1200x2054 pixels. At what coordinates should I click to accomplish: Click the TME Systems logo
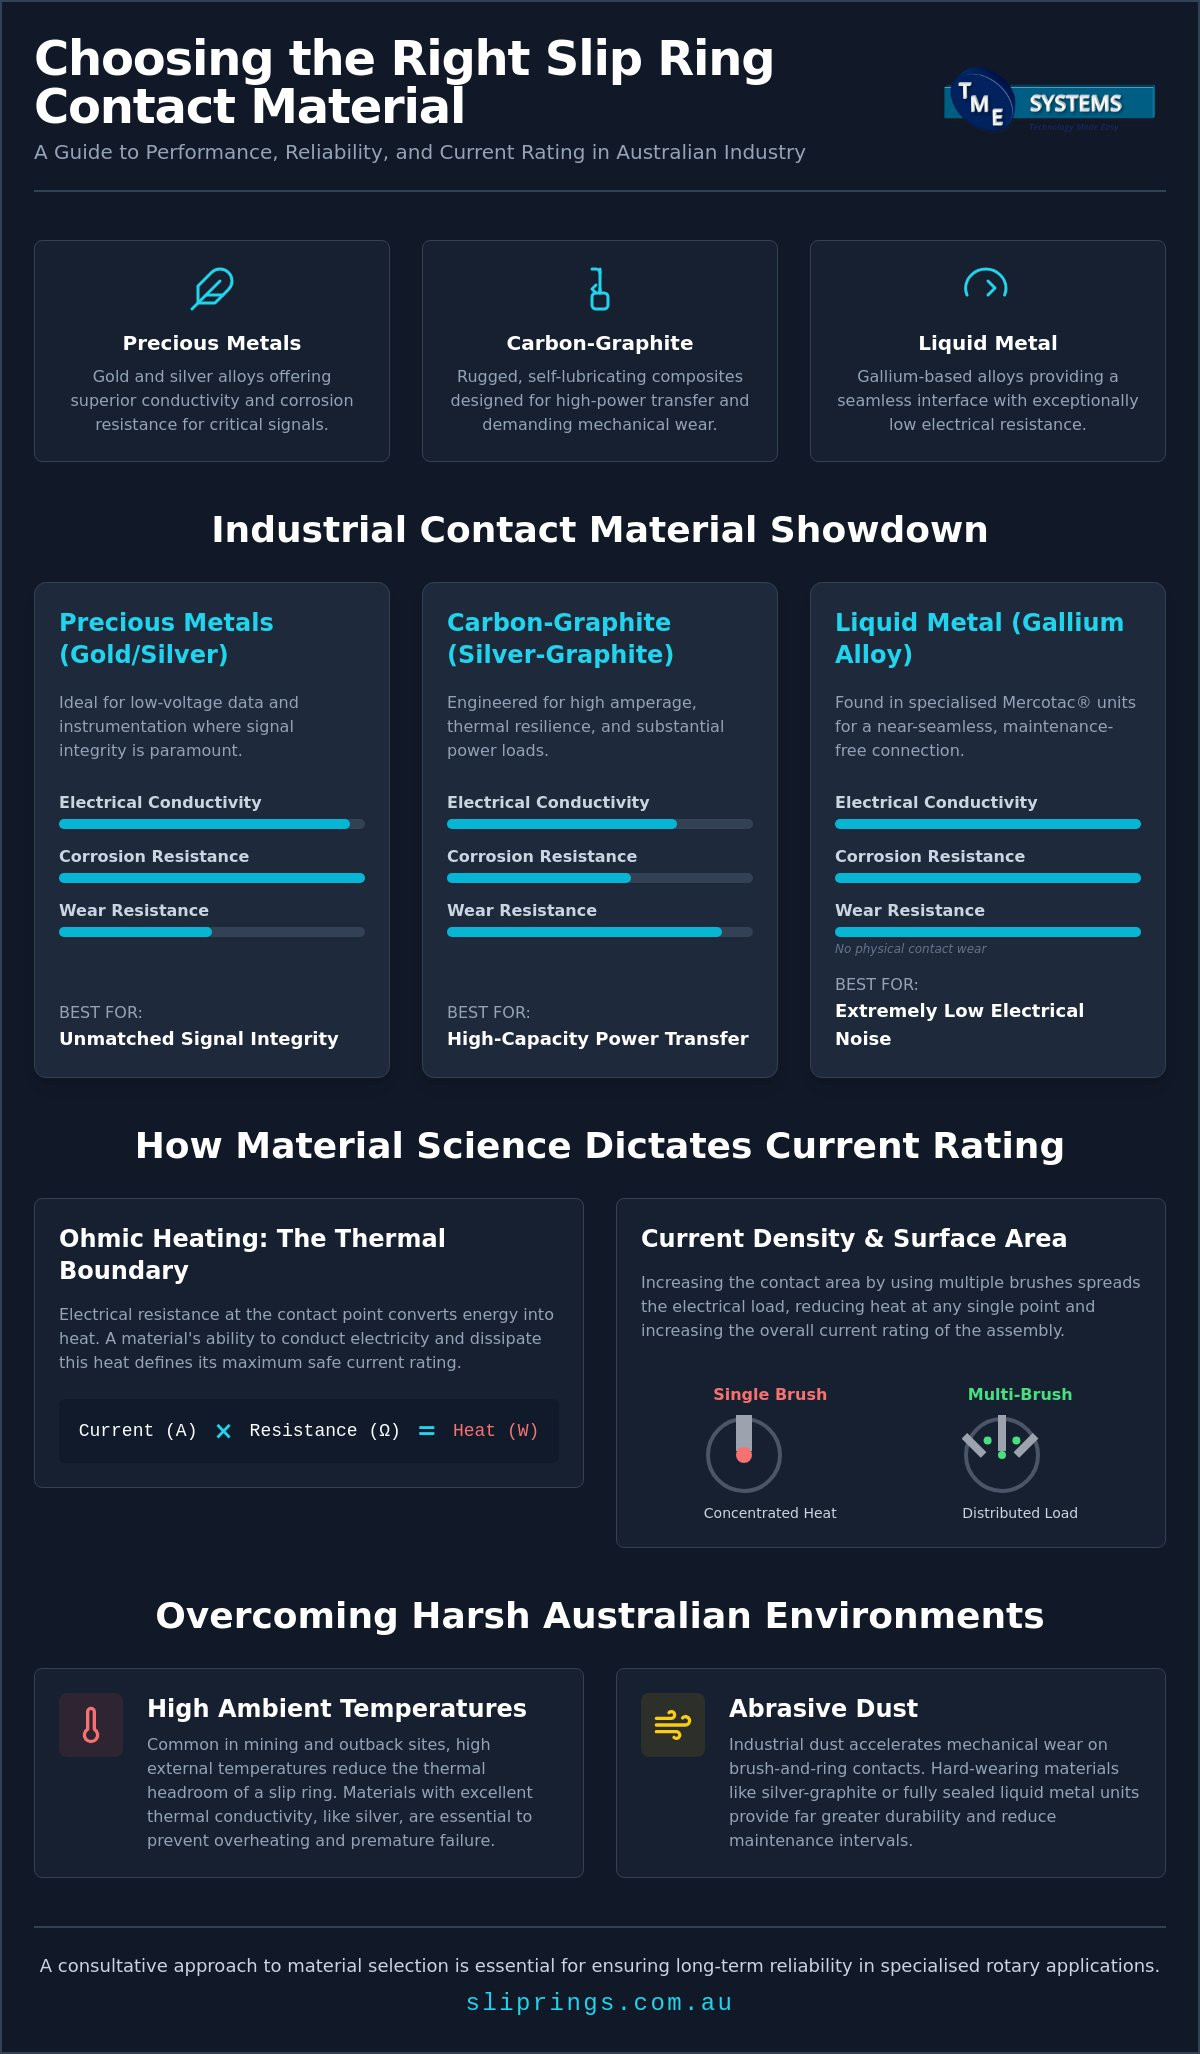click(x=1049, y=101)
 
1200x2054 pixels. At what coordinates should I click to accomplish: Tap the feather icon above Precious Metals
click(x=212, y=289)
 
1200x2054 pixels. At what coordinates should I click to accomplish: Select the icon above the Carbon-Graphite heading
click(x=600, y=289)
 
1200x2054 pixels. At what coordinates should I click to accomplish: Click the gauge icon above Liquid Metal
click(x=986, y=284)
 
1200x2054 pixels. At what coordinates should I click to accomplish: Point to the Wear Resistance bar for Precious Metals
click(x=212, y=932)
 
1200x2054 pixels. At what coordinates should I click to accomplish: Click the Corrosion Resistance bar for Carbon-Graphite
click(x=600, y=878)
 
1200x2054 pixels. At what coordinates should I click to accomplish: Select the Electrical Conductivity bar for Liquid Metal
click(x=988, y=824)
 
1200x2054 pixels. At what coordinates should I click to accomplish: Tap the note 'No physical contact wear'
click(x=910, y=949)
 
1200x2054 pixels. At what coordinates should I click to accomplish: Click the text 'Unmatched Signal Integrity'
click(x=199, y=1039)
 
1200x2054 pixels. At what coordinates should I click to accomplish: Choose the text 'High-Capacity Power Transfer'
click(x=598, y=1039)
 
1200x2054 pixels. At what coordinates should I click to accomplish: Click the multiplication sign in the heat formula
click(x=223, y=1431)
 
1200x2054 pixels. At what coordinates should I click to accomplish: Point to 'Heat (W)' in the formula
click(x=495, y=1431)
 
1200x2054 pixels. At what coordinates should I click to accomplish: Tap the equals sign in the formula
click(x=426, y=1431)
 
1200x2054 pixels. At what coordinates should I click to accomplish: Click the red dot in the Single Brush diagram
click(x=744, y=1455)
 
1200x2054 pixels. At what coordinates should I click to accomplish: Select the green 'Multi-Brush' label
click(x=1020, y=1394)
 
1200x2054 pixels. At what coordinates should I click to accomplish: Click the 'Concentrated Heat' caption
click(x=770, y=1513)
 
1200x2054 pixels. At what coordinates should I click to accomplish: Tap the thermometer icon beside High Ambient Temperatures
click(x=91, y=1725)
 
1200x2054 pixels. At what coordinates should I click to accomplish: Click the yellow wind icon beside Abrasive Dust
click(x=673, y=1725)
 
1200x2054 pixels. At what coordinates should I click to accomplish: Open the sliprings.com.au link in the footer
click(x=600, y=2002)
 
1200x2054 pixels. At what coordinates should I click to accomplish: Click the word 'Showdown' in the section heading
click(x=879, y=530)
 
